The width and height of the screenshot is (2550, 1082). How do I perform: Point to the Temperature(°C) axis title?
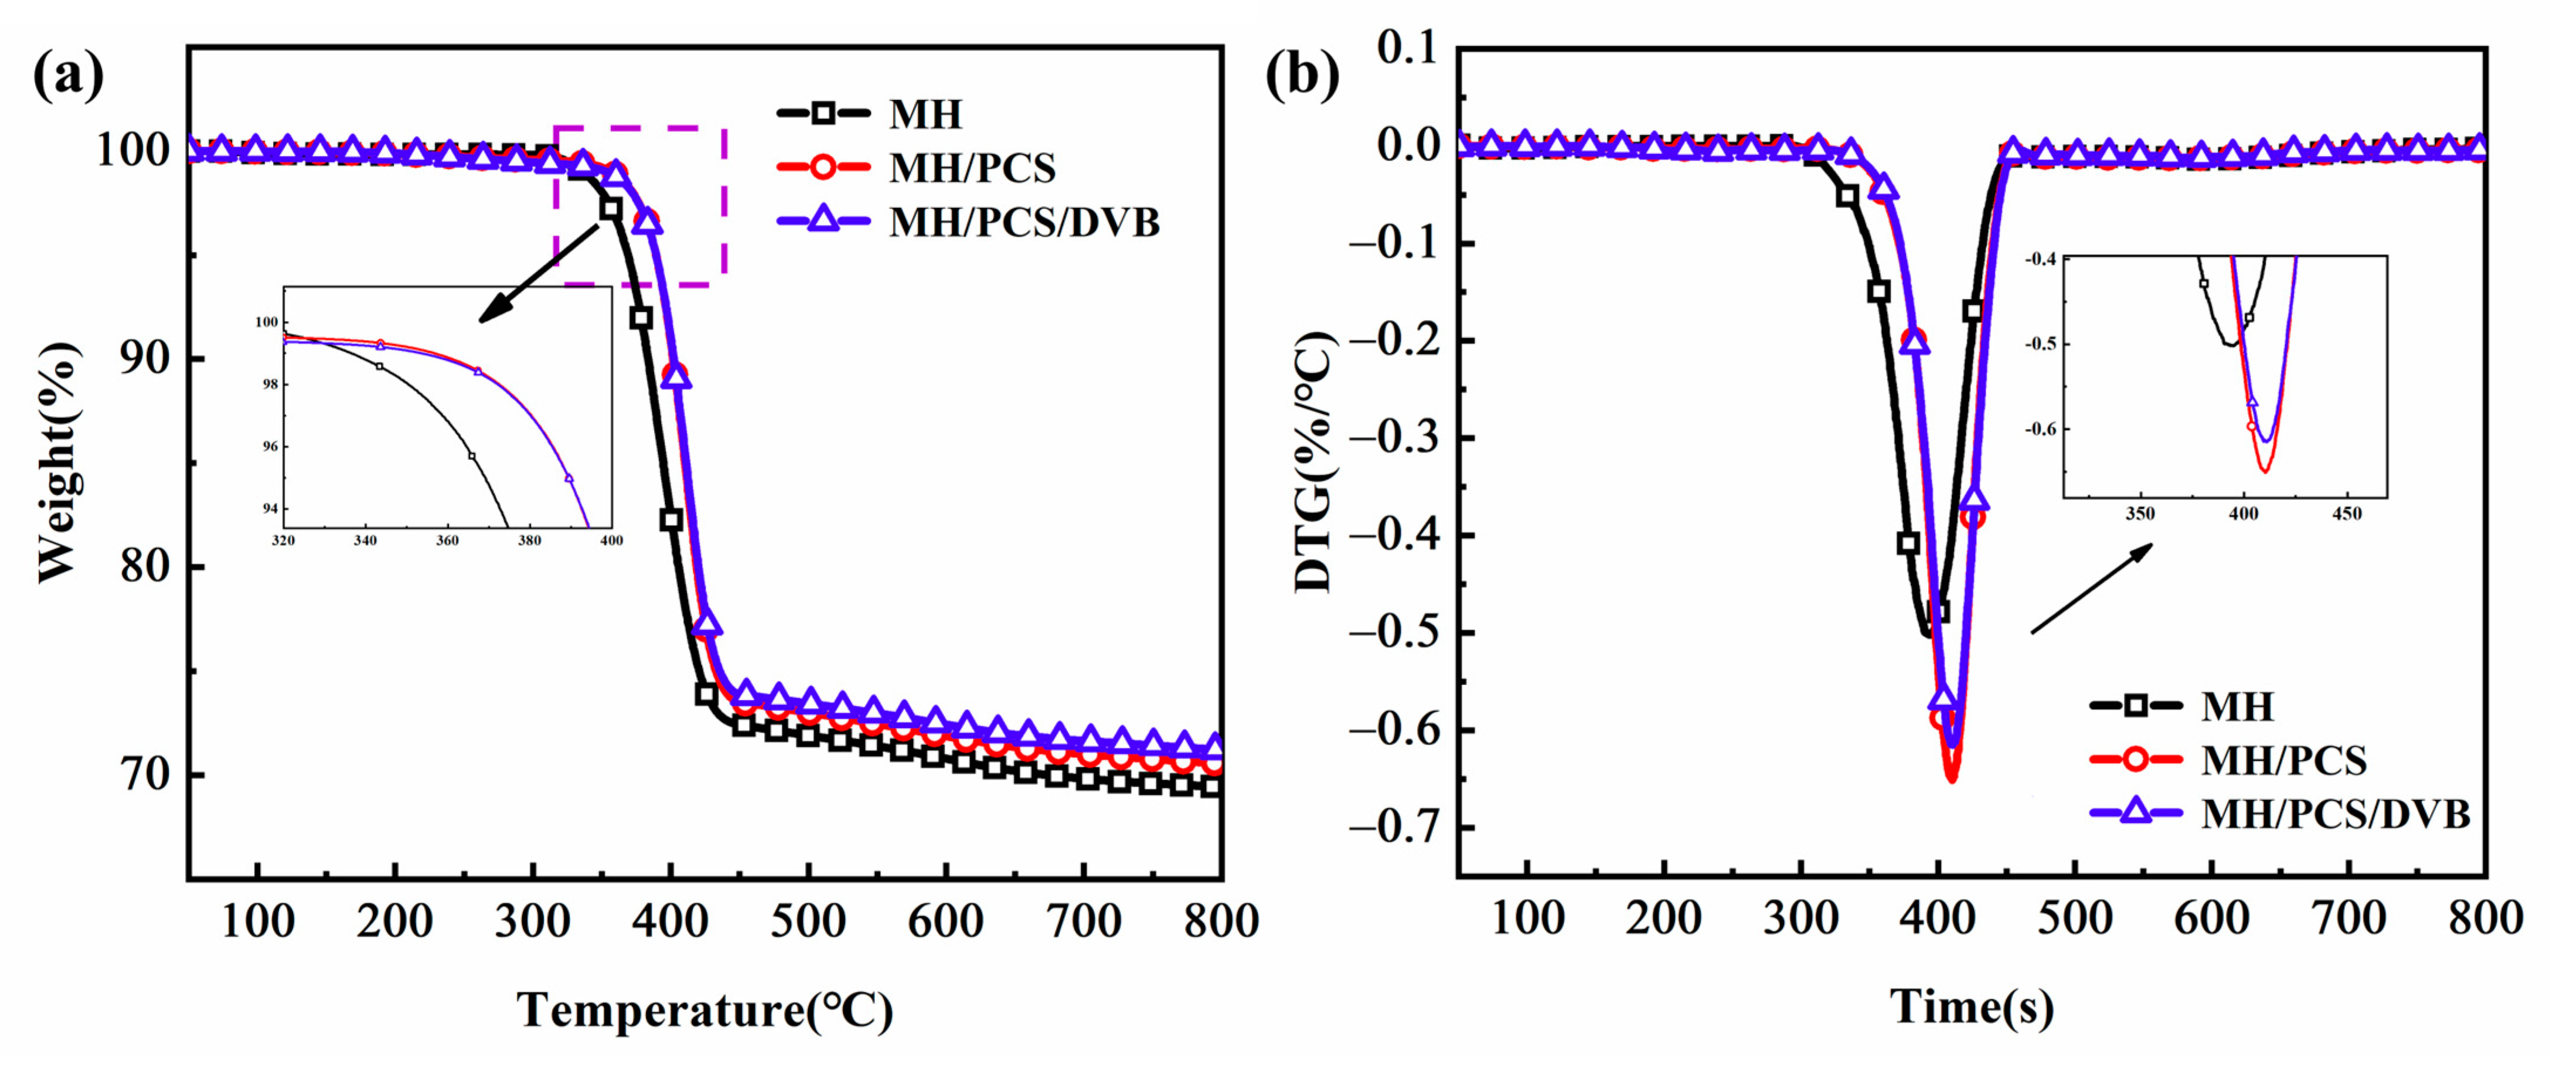(705, 1010)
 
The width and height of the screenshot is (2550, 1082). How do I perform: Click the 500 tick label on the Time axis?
(2074, 918)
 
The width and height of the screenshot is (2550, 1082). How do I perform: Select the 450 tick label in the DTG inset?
(2346, 515)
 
